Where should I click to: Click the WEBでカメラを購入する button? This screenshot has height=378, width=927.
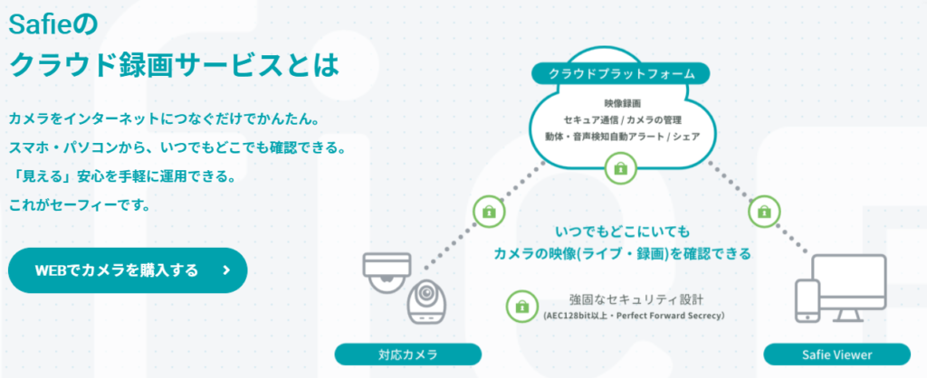coord(128,270)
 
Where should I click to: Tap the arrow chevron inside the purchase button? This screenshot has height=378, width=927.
coord(226,270)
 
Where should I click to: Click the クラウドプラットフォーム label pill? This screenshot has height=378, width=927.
coord(621,74)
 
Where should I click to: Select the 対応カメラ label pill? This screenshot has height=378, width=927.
coord(408,354)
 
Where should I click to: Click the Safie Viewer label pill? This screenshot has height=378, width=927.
coord(837,354)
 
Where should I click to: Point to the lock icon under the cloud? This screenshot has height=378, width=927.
coord(620,168)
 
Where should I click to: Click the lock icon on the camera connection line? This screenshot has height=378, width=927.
coord(490,211)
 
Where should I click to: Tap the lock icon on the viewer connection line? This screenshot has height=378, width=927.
coord(764,211)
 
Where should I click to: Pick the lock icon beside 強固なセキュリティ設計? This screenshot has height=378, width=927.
coord(521,306)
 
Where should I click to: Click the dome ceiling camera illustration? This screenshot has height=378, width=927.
coord(387,272)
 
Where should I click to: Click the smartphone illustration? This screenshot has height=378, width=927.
coord(807,301)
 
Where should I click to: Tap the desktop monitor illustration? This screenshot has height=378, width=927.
coord(849,288)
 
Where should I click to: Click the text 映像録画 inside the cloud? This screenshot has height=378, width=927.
coord(620,104)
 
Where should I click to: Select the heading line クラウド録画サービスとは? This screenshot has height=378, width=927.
coord(175,64)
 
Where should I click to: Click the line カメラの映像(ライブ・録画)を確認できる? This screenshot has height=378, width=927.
coord(623,254)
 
